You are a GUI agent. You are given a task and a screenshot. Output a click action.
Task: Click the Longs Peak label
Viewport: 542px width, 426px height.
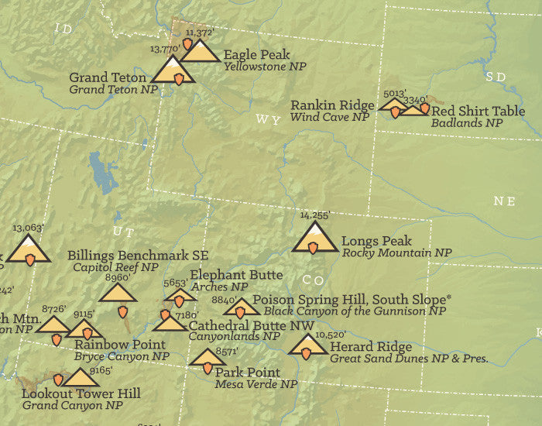[376, 241]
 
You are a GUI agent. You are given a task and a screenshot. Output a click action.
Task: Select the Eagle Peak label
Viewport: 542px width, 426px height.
[256, 54]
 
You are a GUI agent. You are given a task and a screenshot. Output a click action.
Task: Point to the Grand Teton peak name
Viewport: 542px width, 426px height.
[108, 77]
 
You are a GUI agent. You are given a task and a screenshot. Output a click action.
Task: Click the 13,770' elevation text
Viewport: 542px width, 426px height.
[164, 49]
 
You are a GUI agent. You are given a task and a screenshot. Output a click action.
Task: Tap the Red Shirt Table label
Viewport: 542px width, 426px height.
[478, 111]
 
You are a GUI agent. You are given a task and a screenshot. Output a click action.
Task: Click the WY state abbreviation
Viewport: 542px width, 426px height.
[266, 120]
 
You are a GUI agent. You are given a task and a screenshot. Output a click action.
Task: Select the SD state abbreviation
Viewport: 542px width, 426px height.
[495, 76]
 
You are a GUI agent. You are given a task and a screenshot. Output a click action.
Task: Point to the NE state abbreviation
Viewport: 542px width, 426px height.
[504, 201]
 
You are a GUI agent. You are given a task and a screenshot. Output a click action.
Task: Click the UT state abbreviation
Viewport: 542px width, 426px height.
[118, 231]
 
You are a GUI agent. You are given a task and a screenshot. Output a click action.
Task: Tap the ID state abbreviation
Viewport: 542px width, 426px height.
[63, 29]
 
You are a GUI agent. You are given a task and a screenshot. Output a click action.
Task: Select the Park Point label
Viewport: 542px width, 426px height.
[247, 373]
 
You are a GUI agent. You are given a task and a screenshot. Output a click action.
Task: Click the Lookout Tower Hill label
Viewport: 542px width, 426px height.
[81, 393]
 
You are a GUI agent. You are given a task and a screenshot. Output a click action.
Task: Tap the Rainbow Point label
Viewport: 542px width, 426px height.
[120, 344]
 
